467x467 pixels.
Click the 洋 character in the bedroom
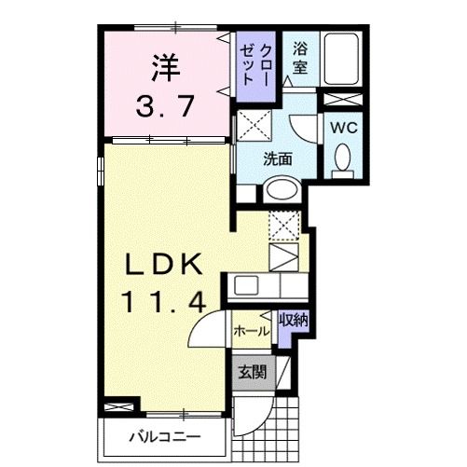166,67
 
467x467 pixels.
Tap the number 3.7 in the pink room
166,105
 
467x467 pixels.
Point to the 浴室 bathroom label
300,57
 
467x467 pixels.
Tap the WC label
342,125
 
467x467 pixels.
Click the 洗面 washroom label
278,159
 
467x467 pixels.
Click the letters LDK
165,266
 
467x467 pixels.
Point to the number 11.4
165,300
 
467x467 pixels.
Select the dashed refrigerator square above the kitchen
284,225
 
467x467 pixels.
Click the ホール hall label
251,331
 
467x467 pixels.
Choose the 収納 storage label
293,320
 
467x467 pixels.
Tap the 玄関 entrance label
252,372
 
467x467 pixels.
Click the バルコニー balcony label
166,434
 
